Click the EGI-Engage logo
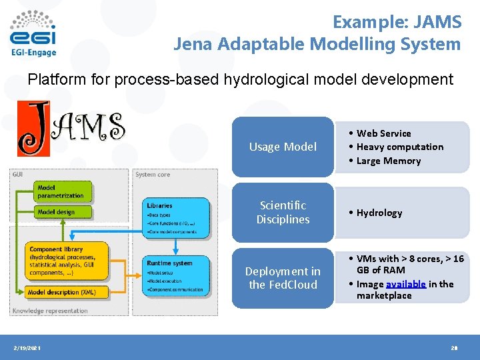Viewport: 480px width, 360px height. (33, 33)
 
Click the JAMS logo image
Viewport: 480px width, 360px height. (71, 128)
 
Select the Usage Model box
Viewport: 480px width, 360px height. (283, 147)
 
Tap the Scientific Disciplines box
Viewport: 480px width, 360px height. (283, 212)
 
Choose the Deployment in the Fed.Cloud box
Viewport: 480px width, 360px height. (283, 277)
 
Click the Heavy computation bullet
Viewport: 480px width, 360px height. (399, 147)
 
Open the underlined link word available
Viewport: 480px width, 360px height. (405, 283)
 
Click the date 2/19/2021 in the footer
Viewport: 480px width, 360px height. (27, 347)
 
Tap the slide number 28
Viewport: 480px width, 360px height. (455, 347)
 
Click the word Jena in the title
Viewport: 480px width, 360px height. (195, 45)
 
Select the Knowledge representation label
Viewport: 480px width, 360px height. (49, 311)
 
